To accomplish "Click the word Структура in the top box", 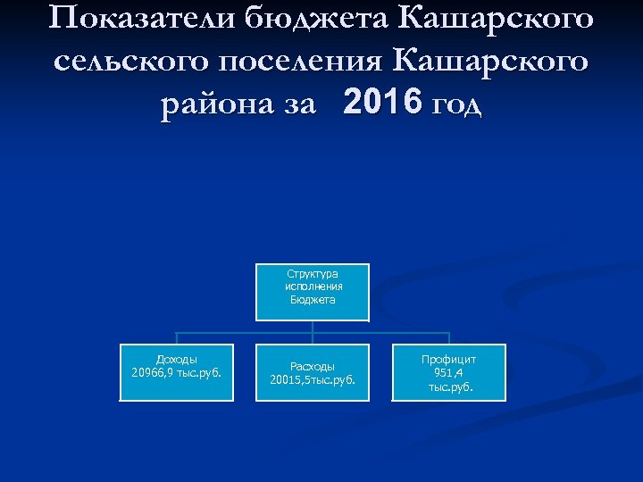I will (313, 274).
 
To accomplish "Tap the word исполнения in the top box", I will (313, 287).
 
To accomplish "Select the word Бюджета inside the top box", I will (313, 300).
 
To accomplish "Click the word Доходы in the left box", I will (177, 359).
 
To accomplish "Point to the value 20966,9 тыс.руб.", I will (177, 372).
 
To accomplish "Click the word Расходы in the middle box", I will (313, 366).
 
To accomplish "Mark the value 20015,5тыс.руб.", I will (313, 379).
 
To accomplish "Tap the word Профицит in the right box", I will (449, 359).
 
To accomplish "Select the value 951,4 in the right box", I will (449, 372).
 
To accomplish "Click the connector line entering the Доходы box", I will (177, 338).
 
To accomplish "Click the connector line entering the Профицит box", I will (449, 338).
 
